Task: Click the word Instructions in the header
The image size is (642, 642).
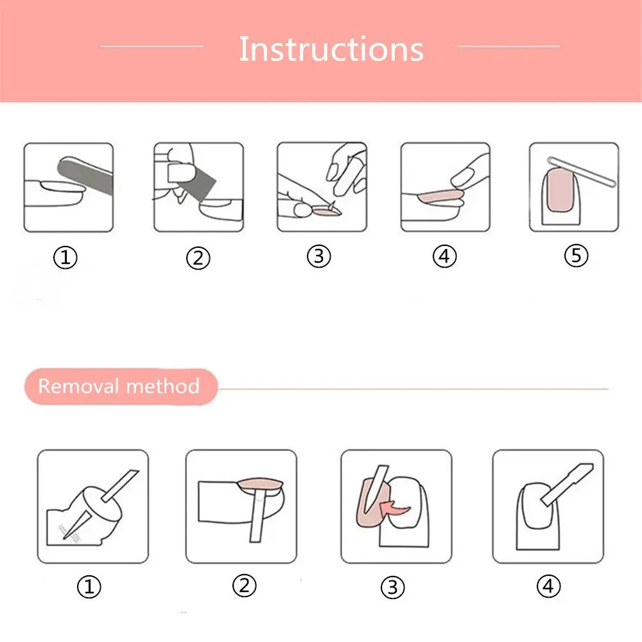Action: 331,49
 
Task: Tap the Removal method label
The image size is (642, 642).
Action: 119,386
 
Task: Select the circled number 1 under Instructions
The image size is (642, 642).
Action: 65,257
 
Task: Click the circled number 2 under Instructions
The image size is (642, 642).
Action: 198,258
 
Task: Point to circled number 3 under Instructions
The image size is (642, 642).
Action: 319,256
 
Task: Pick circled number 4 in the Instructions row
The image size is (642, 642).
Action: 445,256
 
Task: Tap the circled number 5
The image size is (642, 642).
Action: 576,256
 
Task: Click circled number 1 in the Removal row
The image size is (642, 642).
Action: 89,587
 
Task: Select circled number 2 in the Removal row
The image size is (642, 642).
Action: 245,585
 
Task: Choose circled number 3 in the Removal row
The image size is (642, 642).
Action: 393,587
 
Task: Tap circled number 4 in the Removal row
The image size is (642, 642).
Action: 548,586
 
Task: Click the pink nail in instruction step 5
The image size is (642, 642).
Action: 559,191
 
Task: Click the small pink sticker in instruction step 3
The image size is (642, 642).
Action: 325,211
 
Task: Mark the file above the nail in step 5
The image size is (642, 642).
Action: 582,171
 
